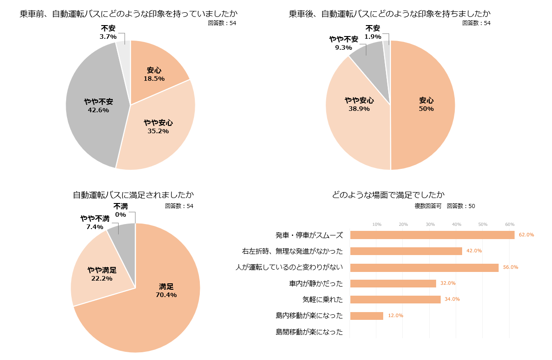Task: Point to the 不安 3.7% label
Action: pos(108,32)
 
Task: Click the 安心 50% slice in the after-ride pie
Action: pos(424,105)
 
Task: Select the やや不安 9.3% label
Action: pos(344,43)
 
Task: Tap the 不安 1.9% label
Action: pos(373,32)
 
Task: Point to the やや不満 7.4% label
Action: pos(95,222)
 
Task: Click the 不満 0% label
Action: pos(120,210)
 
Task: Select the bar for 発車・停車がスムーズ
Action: pos(432,235)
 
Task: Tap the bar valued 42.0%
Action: pos(406,251)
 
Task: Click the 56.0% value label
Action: pos(510,267)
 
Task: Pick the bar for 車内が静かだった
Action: pos(393,283)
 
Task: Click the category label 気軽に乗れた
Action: pos(323,300)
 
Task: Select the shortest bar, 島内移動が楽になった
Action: pos(366,316)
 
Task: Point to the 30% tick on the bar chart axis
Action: pos(430,224)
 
